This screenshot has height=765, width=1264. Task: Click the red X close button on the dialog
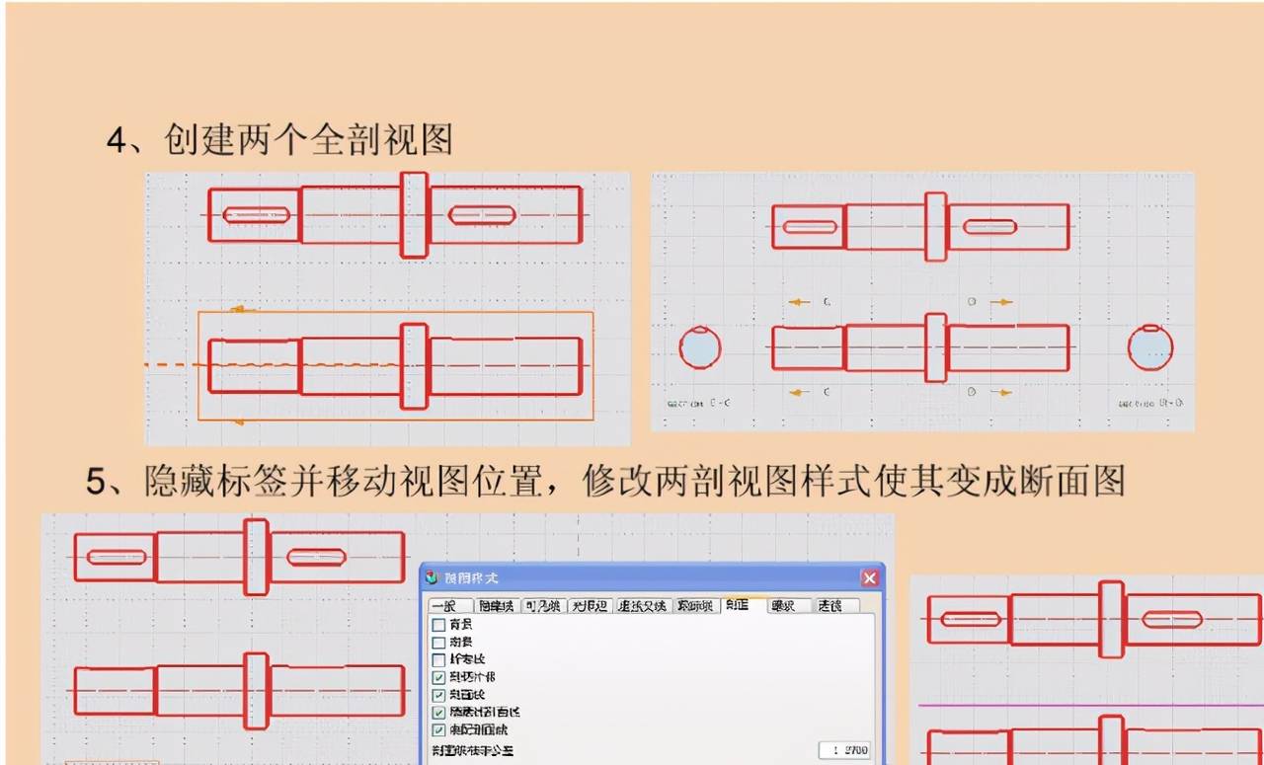(869, 577)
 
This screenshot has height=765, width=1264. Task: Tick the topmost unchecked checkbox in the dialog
(439, 624)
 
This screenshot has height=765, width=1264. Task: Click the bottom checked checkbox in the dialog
(439, 729)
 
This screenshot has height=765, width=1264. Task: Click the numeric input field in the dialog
(844, 750)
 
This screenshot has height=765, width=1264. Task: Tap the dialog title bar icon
(432, 577)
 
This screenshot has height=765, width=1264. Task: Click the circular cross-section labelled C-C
(700, 347)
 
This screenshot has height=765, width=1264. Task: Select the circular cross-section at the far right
(1150, 347)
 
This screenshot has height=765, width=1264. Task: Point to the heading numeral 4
(117, 140)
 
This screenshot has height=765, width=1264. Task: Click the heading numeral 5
(96, 481)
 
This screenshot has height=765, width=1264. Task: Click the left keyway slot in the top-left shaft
(256, 215)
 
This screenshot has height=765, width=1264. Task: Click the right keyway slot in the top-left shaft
(482, 215)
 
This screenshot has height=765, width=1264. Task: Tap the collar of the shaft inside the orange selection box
(415, 365)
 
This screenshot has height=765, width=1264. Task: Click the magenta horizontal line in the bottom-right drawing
(1086, 705)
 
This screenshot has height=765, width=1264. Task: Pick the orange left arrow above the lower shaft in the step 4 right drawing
(798, 302)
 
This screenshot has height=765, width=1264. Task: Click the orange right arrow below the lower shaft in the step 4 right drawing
(1002, 393)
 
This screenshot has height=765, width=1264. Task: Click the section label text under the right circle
(1150, 403)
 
